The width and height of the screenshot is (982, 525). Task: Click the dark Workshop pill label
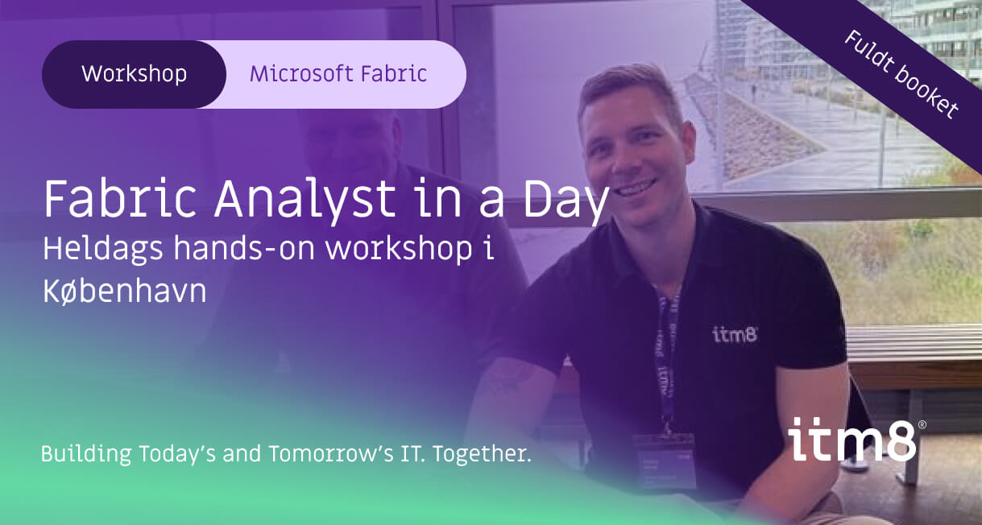click(134, 74)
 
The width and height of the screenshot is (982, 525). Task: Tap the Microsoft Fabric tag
click(338, 74)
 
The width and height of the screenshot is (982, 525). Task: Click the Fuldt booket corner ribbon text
click(901, 74)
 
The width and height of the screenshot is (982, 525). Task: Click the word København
click(124, 292)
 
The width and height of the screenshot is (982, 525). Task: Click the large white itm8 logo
click(852, 440)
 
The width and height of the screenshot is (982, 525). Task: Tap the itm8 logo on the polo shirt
click(735, 334)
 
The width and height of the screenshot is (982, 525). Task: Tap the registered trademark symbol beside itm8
click(922, 424)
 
